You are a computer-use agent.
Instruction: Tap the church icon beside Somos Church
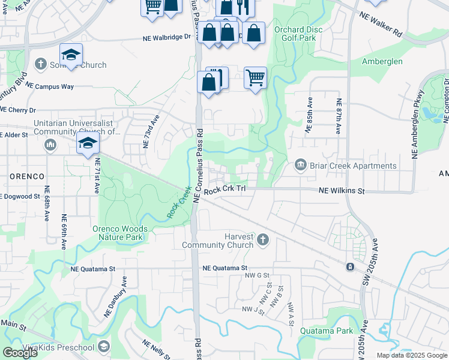(x=41, y=64)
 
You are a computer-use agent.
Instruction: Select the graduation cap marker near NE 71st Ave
(x=88, y=143)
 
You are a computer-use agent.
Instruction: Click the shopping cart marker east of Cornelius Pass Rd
(x=256, y=77)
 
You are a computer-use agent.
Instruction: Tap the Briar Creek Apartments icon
(x=301, y=165)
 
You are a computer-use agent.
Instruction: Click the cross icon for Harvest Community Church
(x=262, y=241)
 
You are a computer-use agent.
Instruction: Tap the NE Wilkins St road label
(x=341, y=191)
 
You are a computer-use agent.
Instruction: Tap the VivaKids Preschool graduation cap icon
(x=104, y=347)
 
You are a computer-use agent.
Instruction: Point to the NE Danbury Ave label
(x=115, y=296)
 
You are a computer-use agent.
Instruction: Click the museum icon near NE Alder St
(x=50, y=145)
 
